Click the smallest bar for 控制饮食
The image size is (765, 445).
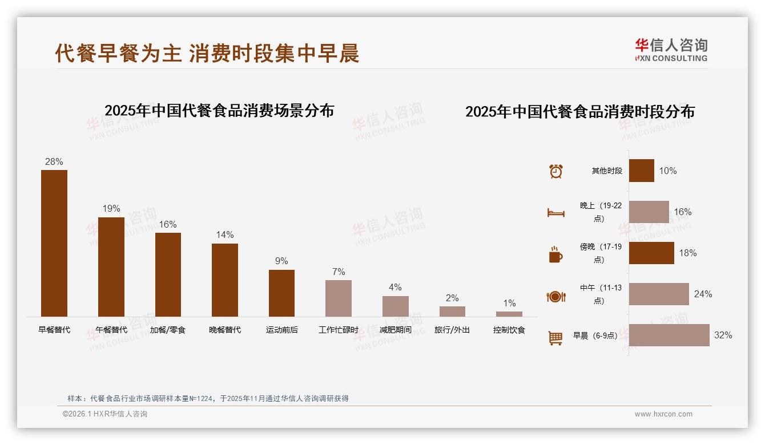(x=509, y=314)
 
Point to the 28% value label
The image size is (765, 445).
(x=54, y=162)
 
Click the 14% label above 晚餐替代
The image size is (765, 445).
(x=225, y=235)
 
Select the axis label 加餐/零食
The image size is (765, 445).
(x=168, y=330)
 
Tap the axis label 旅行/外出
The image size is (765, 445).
(x=452, y=330)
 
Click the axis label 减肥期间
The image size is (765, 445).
(x=395, y=330)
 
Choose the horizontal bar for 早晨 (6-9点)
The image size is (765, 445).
(x=669, y=335)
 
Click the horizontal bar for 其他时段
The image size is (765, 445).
(x=642, y=171)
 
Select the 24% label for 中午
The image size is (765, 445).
(x=703, y=294)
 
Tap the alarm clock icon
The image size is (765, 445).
(x=556, y=171)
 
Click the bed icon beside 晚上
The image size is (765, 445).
(x=556, y=213)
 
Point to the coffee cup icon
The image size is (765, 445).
(x=555, y=254)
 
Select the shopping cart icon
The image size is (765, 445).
(x=555, y=338)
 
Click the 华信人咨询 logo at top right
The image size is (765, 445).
(x=671, y=50)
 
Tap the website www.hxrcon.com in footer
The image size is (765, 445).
(x=663, y=414)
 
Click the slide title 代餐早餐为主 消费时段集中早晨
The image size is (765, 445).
(x=207, y=53)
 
